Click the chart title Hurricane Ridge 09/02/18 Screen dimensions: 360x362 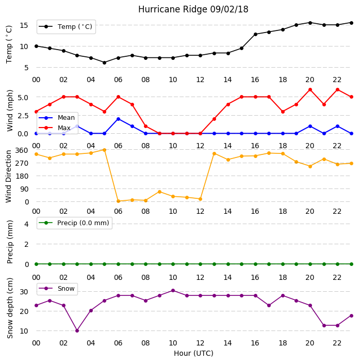[x=193, y=9]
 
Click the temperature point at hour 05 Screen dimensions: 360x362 [x=104, y=62]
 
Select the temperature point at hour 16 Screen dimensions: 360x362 [x=255, y=34]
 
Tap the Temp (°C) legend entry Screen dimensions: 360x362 [x=66, y=27]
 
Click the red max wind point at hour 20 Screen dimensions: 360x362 [x=310, y=89]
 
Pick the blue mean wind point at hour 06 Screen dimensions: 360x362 [x=118, y=119]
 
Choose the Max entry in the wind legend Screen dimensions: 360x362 [x=55, y=128]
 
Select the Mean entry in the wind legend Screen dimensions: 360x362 [x=57, y=118]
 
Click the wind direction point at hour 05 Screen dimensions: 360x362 [x=104, y=150]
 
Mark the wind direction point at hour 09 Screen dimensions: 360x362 [x=159, y=192]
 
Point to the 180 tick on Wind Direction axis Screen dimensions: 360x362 [x=22, y=176]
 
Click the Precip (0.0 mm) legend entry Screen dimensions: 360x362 [x=74, y=223]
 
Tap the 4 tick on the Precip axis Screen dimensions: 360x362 [x=27, y=224]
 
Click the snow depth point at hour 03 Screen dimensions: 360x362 [x=77, y=330]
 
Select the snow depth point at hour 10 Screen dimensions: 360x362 [x=173, y=290]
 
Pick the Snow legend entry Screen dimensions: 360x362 [x=57, y=289]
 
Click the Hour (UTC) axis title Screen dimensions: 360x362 [x=193, y=353]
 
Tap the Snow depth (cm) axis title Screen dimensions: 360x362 [x=10, y=308]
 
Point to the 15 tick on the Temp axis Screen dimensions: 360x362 [x=24, y=25]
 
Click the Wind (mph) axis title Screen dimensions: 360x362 [x=10, y=111]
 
